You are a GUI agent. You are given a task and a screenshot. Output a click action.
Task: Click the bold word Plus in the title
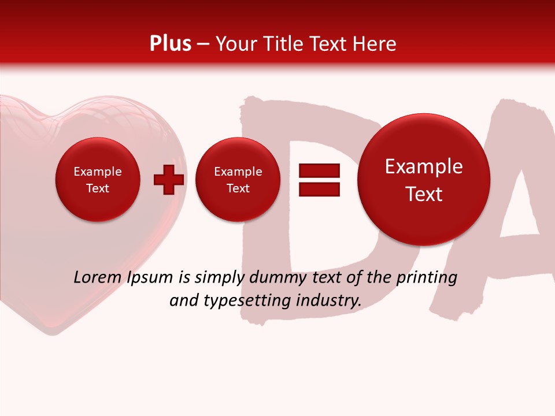click(x=170, y=44)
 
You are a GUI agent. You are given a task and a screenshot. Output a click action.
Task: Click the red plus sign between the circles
click(x=168, y=180)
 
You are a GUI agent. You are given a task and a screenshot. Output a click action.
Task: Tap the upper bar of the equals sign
click(x=319, y=171)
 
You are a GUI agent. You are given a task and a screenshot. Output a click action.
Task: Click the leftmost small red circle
click(x=98, y=180)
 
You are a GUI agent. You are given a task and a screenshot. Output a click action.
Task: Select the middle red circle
click(x=238, y=180)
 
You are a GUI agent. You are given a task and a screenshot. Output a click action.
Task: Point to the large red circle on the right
click(x=424, y=180)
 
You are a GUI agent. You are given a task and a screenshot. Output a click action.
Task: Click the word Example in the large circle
click(x=424, y=166)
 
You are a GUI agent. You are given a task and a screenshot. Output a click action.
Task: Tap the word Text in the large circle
click(x=424, y=194)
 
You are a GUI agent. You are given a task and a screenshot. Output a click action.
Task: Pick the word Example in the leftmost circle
click(x=98, y=172)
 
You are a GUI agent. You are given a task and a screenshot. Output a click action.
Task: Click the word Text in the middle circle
click(x=238, y=188)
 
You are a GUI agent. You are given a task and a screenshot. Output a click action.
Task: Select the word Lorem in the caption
click(x=98, y=277)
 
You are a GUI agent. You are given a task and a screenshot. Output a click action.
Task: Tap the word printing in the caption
click(x=426, y=277)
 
